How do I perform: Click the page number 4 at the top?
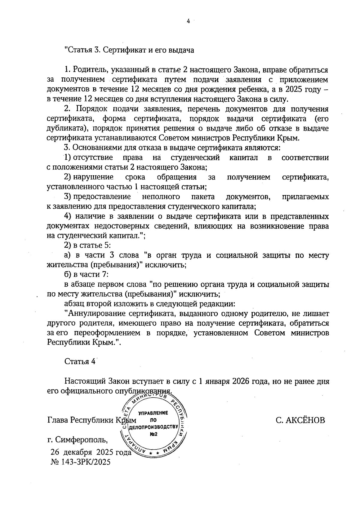(188, 21)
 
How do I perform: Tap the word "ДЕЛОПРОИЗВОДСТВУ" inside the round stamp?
(154, 427)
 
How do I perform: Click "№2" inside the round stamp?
(154, 434)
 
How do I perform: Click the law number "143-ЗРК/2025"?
(86, 462)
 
